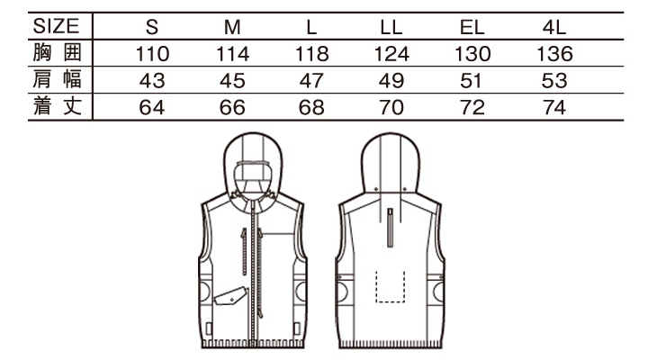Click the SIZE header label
coord(56,26)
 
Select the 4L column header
coord(553,27)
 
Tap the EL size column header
coord(472,27)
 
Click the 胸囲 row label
coord(58,53)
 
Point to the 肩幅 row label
coord(58,79)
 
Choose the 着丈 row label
coord(58,106)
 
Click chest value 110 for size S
coord(152,54)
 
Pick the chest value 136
coord(554,54)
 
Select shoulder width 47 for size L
coord(311,81)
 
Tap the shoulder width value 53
coord(554,81)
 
